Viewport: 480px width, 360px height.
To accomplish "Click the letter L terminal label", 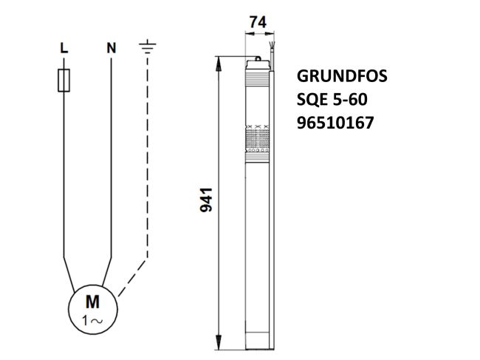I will click(64, 48).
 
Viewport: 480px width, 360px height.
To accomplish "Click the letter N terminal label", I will click(111, 48).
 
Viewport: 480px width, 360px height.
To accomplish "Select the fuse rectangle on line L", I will click(64, 81).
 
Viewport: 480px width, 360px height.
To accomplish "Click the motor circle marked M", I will click(93, 310).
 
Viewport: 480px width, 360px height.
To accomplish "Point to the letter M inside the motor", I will click(93, 302).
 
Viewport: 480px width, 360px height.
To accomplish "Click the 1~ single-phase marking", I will click(93, 321).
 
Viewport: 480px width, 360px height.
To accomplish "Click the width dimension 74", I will click(258, 23).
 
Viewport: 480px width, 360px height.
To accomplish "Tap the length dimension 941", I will click(208, 200).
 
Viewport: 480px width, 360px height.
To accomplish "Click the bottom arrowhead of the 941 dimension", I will click(218, 343).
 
